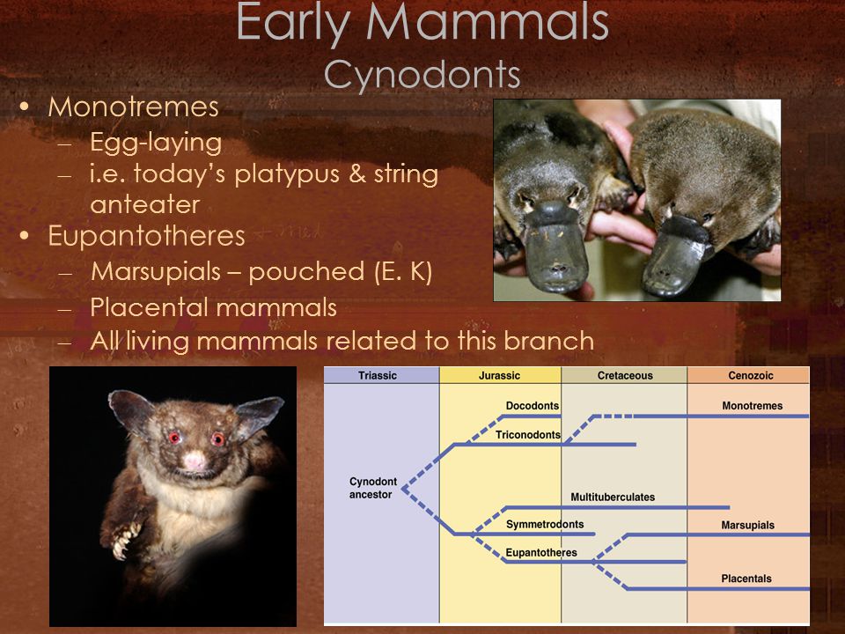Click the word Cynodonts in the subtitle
point(422,74)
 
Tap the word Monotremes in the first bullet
point(133,107)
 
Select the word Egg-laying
point(156,143)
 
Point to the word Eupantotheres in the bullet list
point(147,236)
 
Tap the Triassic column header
point(378,376)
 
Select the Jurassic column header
point(500,376)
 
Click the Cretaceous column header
point(625,376)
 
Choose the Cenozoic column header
point(751,376)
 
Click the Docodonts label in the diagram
point(533,406)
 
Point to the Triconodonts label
point(528,435)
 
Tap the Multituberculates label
point(613,497)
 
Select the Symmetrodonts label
point(545,525)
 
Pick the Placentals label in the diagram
point(746,579)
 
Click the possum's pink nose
point(195,461)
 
